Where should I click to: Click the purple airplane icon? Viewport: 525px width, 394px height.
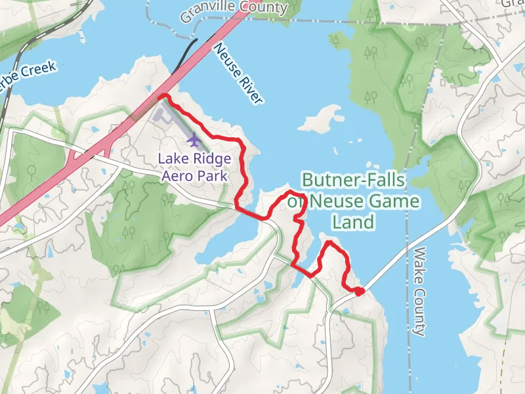194,141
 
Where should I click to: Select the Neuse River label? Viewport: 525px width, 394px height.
238,74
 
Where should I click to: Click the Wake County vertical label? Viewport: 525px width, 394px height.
420,291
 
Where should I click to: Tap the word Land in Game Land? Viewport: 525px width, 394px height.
352,222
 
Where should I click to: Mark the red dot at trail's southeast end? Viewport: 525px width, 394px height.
359,292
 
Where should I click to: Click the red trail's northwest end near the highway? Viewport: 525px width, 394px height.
162,97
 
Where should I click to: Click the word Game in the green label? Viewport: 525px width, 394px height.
391,201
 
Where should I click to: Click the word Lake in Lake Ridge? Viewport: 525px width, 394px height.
174,160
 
